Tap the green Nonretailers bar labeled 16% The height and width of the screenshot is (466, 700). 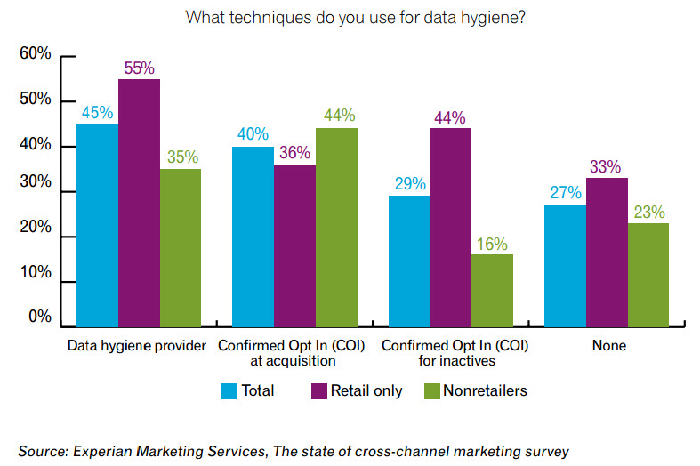[492, 290]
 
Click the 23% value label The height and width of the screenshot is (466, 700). [648, 213]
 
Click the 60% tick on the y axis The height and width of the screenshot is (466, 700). [36, 55]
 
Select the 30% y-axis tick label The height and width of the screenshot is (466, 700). [36, 191]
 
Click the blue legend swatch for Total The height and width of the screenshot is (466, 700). [229, 390]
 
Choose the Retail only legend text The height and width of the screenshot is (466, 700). [366, 390]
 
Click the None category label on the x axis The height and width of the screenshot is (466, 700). [607, 346]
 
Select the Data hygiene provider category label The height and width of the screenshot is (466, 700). [137, 346]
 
